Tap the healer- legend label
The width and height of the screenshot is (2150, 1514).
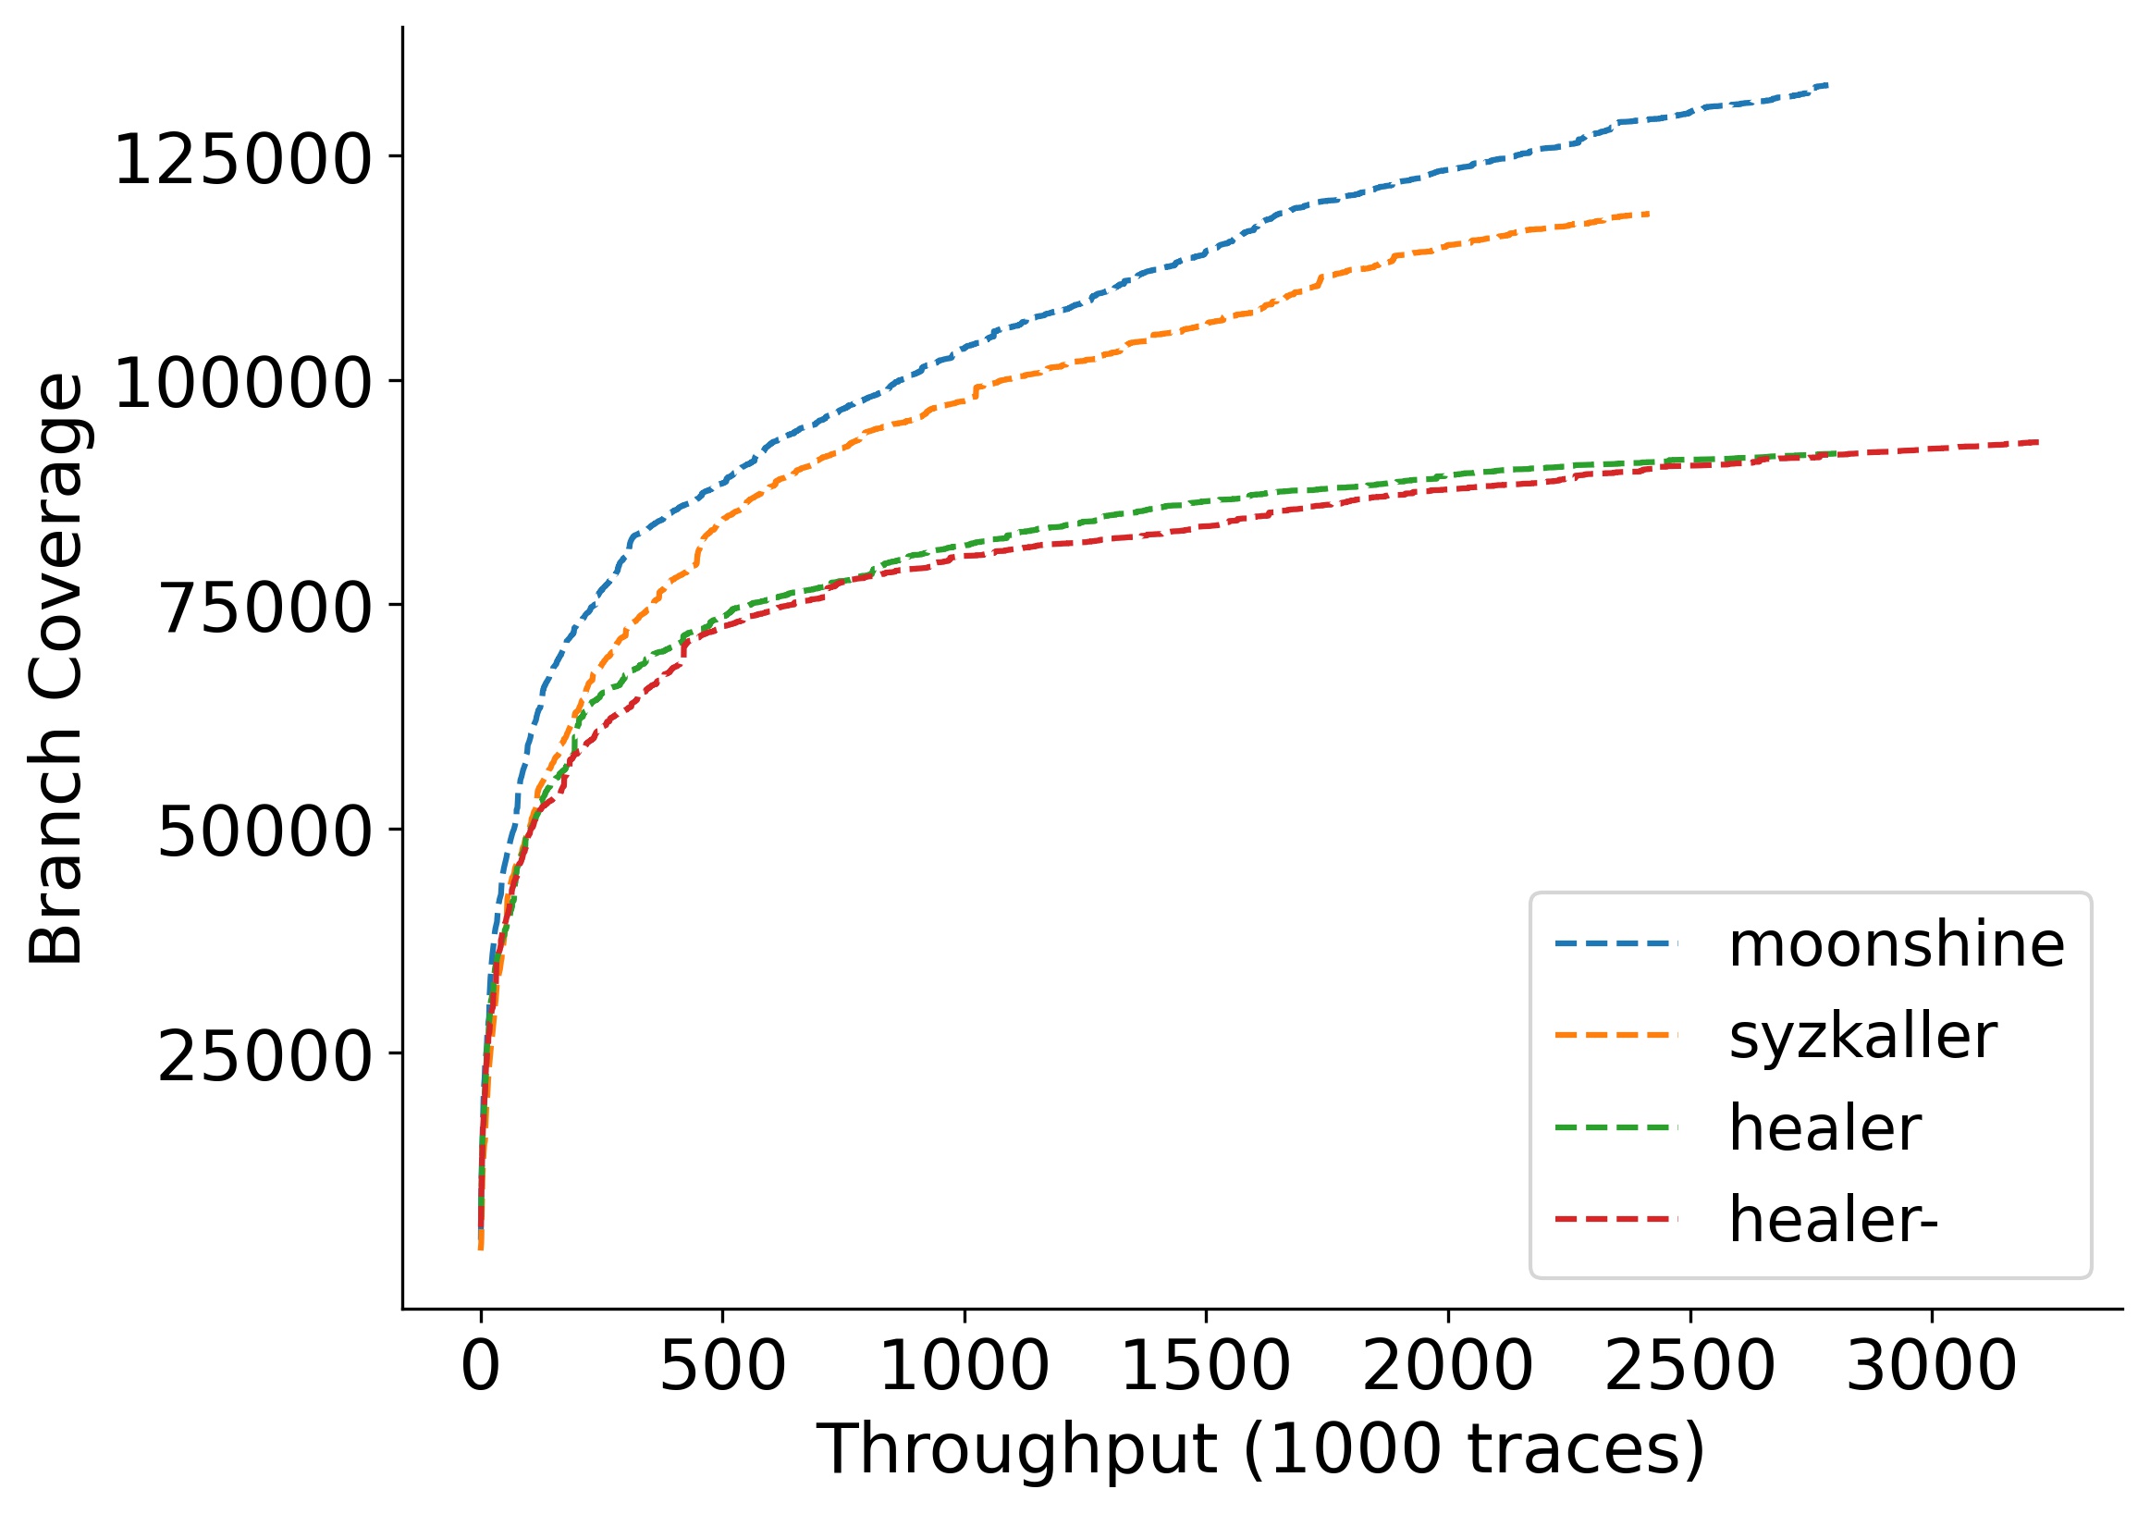tap(1833, 1220)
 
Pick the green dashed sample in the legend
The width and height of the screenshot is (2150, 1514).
tap(1616, 1128)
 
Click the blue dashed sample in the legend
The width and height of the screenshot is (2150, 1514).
tap(1616, 943)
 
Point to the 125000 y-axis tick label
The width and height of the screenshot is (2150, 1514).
tap(242, 160)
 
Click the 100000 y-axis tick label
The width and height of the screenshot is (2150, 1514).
tap(242, 384)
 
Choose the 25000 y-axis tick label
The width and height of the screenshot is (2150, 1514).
tap(265, 1057)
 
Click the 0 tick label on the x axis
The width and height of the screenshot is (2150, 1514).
tap(480, 1368)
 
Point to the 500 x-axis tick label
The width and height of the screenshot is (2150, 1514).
tap(722, 1368)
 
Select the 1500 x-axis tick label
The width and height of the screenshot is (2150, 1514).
tap(1206, 1368)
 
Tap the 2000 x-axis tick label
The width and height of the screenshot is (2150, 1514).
tap(1448, 1368)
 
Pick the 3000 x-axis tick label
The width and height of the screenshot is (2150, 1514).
tap(1931, 1368)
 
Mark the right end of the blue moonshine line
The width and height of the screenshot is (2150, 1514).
tap(1827, 85)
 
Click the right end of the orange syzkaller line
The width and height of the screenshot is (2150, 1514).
tap(1647, 214)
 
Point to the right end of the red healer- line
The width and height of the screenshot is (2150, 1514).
tap(2037, 442)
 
